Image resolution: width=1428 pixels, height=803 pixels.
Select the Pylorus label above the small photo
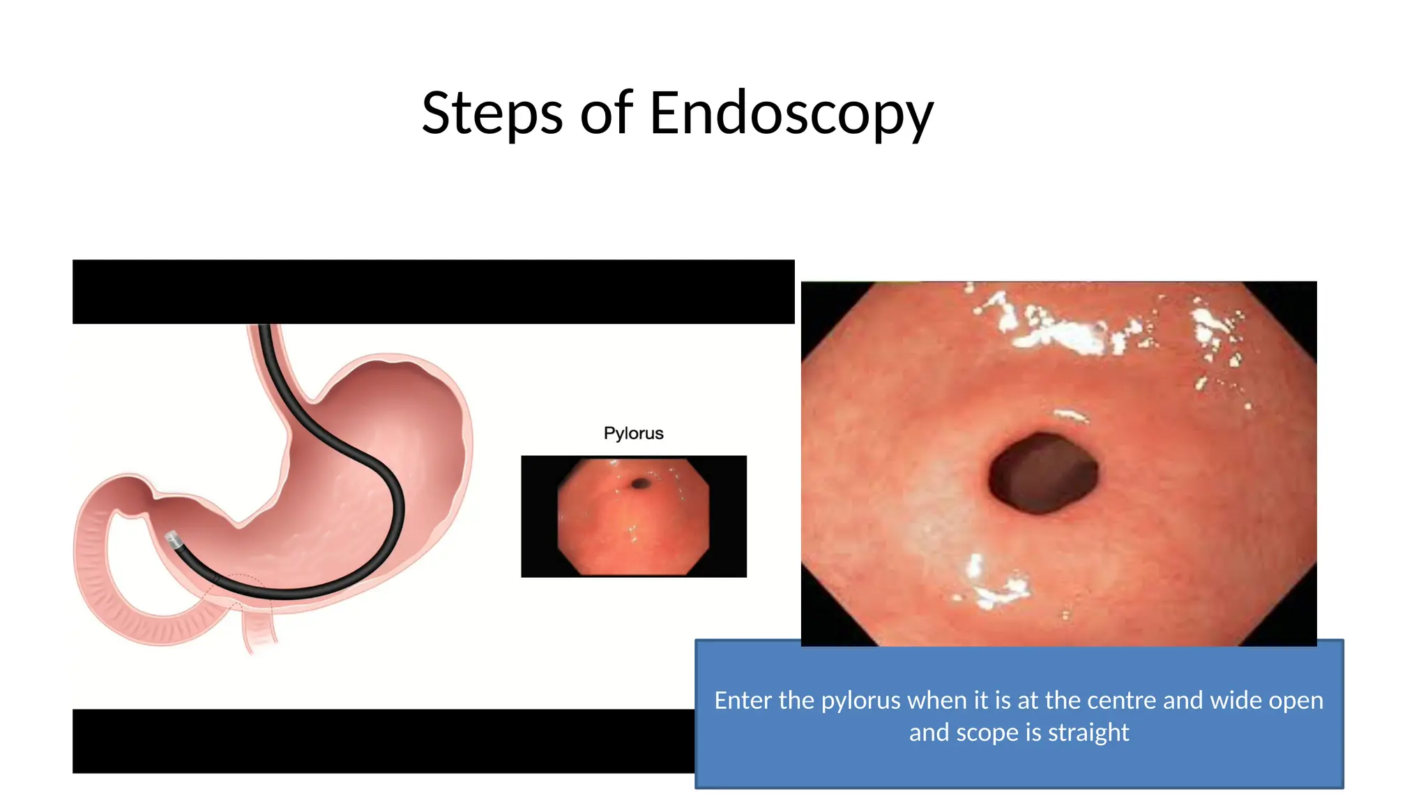(633, 433)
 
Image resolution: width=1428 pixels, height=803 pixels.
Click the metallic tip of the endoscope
(172, 539)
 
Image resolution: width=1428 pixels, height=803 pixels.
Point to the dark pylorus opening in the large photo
(1043, 473)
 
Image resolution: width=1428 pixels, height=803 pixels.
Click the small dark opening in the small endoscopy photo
(639, 483)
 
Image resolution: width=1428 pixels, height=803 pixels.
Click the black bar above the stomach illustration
(432, 291)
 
